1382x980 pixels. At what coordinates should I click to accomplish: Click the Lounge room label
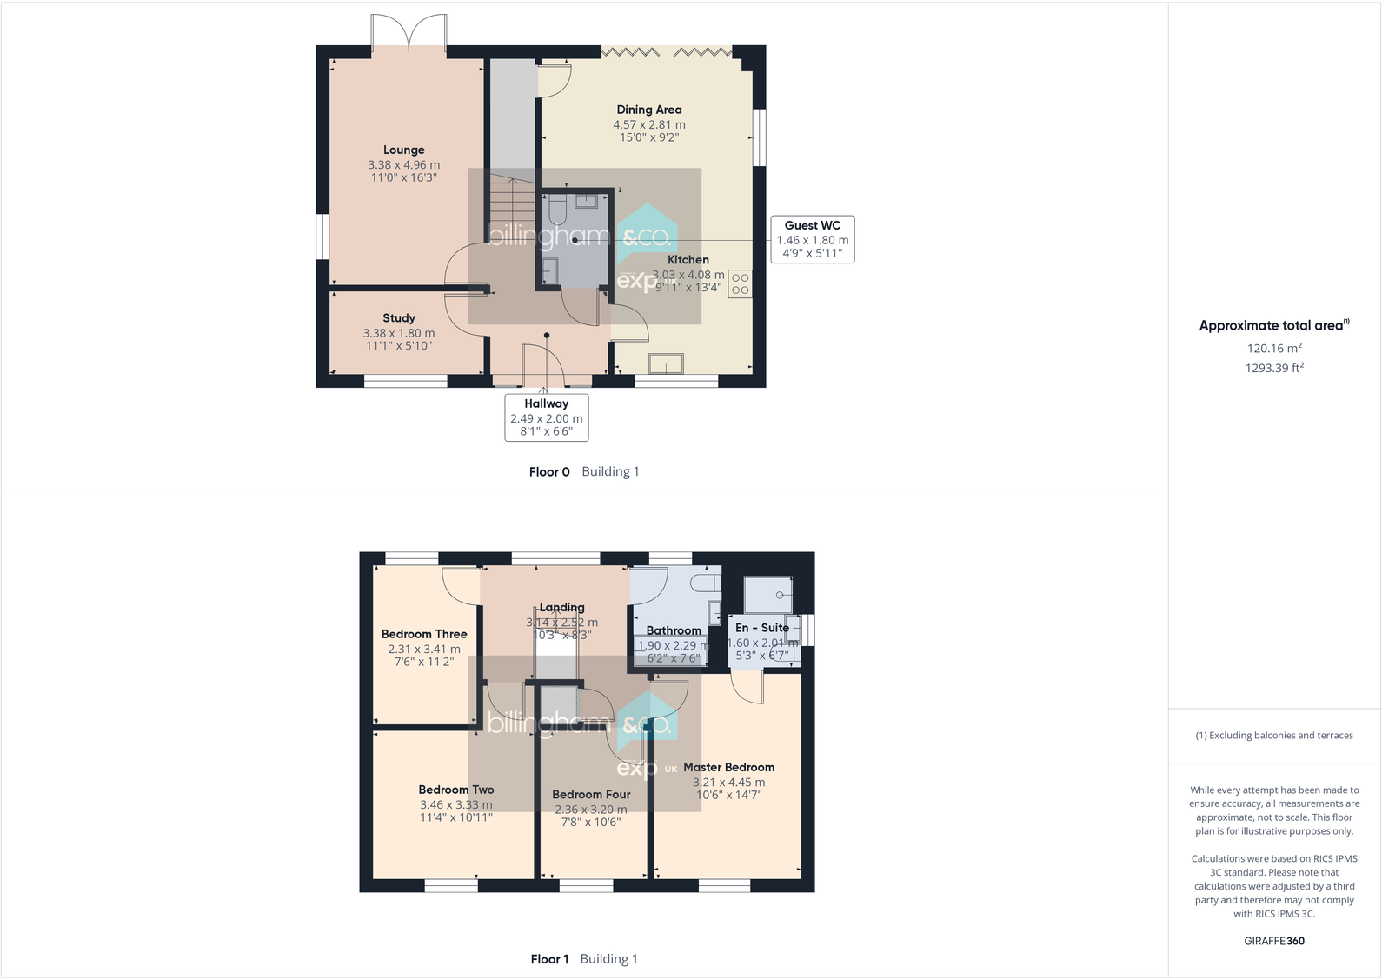[403, 150]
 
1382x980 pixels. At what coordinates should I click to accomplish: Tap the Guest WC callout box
[812, 239]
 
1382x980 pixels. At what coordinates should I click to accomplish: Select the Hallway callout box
[546, 417]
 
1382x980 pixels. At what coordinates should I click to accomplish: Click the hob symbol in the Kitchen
[740, 283]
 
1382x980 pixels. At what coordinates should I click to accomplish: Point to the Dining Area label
[648, 110]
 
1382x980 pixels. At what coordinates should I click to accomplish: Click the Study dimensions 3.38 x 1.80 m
[398, 333]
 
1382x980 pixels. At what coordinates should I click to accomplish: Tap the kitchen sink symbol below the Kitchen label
[666, 363]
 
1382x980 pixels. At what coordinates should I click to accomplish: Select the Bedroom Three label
[424, 634]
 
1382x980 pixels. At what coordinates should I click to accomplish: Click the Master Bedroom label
[728, 767]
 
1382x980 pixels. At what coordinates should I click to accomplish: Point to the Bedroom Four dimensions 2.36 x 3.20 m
[590, 809]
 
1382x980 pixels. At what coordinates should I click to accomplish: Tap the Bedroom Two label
[455, 790]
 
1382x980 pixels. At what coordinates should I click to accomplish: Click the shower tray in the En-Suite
[767, 595]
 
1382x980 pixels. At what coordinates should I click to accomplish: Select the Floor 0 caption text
[549, 471]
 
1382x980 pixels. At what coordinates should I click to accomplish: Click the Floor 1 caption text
[549, 959]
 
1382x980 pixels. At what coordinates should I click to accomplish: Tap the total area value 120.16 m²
[1273, 348]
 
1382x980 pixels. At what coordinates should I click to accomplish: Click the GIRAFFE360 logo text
[1273, 941]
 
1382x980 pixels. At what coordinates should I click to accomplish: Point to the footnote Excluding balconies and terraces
[1273, 735]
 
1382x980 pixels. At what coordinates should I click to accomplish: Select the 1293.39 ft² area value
[1273, 368]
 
